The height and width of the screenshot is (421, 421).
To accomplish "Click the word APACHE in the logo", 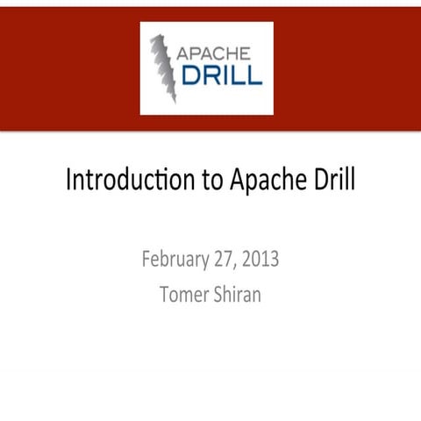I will click(219, 53).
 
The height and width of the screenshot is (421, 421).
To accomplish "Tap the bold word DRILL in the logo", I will click(219, 75).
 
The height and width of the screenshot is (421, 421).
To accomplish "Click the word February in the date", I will click(175, 260).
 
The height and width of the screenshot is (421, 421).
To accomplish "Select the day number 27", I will click(222, 260).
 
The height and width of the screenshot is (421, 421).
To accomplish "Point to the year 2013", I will click(260, 260).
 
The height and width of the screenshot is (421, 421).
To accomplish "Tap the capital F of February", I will click(145, 260).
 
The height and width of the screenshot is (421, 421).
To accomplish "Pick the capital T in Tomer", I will click(165, 294).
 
